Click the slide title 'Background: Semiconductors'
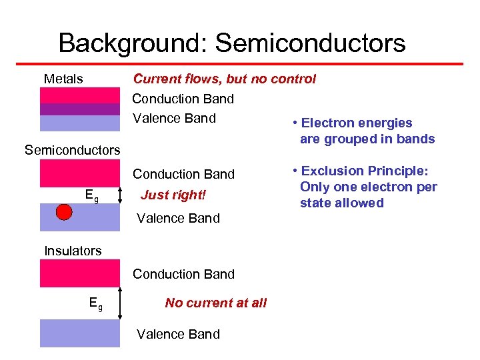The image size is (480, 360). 231,43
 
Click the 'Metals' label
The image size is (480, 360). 63,79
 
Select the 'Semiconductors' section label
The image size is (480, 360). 72,150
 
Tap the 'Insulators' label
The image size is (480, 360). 73,251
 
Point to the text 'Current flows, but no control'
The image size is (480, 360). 224,79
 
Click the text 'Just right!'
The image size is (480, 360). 173,196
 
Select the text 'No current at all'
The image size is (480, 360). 215,303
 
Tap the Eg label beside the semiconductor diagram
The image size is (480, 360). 92,195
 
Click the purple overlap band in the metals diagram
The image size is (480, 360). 80,109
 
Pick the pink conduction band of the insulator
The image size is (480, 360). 80,273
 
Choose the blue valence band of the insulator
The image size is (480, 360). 80,333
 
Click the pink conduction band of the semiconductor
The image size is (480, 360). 80,173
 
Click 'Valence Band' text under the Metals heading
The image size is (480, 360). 174,119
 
